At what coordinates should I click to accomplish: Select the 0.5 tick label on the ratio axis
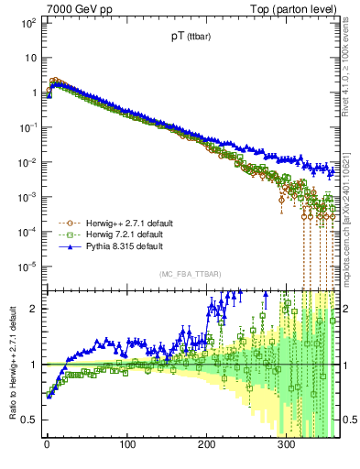31,420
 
